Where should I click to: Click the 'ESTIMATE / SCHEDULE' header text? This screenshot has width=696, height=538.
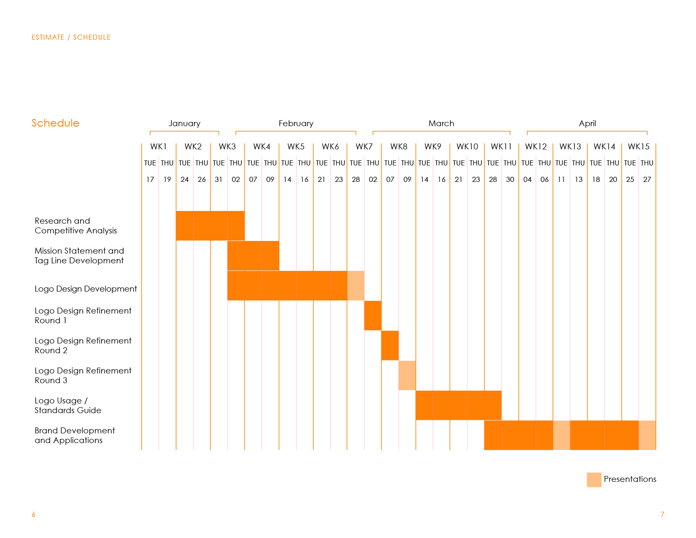tap(71, 37)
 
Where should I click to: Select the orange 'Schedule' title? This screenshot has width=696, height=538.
tap(55, 123)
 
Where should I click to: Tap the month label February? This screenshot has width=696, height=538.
tap(296, 123)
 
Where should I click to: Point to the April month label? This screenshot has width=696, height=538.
tap(587, 123)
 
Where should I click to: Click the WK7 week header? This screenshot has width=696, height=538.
tap(364, 146)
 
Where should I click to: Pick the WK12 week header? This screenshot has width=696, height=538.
tap(536, 146)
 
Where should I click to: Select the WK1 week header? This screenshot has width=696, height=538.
tap(159, 146)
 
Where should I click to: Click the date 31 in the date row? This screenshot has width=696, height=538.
tap(219, 179)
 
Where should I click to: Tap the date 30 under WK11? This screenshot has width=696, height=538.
tap(510, 179)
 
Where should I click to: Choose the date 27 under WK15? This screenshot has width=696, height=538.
tap(647, 179)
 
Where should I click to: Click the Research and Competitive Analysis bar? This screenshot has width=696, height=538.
tap(210, 226)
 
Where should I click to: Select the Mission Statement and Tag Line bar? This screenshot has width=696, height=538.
tap(253, 256)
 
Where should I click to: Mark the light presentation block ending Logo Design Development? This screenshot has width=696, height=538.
tap(356, 286)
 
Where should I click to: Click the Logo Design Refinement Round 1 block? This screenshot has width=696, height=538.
tap(373, 316)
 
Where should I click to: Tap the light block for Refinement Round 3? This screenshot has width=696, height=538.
tap(407, 376)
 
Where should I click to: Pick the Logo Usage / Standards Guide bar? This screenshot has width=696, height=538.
tap(459, 406)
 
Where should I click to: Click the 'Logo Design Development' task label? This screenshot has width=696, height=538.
tap(86, 289)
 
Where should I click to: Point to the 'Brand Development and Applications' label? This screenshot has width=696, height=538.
tap(75, 435)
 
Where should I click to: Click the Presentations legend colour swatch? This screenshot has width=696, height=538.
tap(594, 480)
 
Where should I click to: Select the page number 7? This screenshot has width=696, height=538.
tap(662, 514)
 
